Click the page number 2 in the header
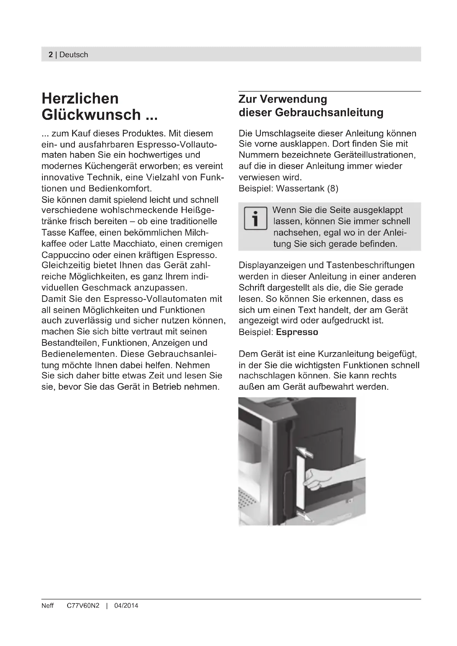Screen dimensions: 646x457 click(51, 55)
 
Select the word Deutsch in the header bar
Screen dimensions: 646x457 click(74, 55)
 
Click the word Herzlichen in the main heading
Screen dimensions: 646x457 click(80, 99)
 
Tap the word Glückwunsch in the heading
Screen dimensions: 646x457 click(91, 115)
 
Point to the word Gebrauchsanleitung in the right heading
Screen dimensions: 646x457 click(329, 112)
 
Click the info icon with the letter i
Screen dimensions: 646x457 click(255, 219)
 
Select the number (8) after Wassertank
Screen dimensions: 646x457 click(333, 188)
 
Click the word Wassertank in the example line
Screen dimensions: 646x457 click(300, 188)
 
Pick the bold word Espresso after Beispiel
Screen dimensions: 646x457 click(297, 332)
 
